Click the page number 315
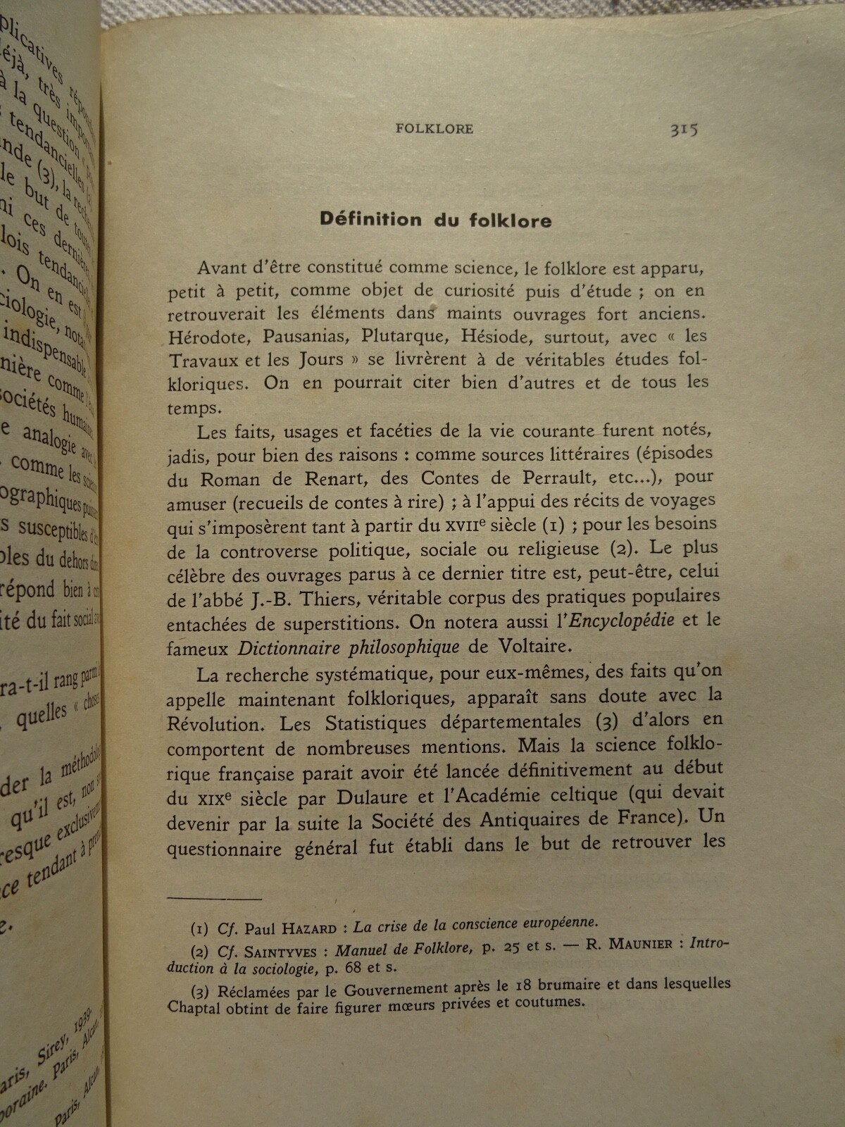[x=683, y=130]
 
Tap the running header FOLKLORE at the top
[x=434, y=129]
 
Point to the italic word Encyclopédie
[x=621, y=621]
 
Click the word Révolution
[x=214, y=724]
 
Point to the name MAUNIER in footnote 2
[x=639, y=944]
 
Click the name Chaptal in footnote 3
[x=194, y=1008]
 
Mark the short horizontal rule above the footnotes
[x=215, y=898]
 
